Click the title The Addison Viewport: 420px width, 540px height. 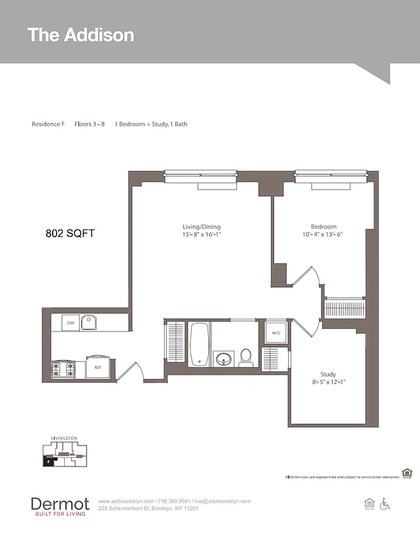pyautogui.click(x=81, y=35)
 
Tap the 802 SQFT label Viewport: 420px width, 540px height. pyautogui.click(x=70, y=234)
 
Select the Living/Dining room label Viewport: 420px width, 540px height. pyautogui.click(x=201, y=227)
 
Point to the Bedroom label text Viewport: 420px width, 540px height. pyautogui.click(x=323, y=227)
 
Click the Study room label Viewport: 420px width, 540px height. pyautogui.click(x=328, y=375)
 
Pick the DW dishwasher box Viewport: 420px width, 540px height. pyautogui.click(x=70, y=323)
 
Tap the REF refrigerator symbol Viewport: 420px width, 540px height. pyautogui.click(x=97, y=367)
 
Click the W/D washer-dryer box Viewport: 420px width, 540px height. pyautogui.click(x=276, y=333)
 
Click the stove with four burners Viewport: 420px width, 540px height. pyautogui.click(x=64, y=369)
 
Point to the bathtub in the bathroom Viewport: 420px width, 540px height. pyautogui.click(x=200, y=344)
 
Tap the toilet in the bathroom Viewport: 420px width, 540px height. pyautogui.click(x=246, y=357)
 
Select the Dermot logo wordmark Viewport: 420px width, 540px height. pyautogui.click(x=59, y=504)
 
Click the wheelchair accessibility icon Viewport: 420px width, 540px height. pyautogui.click(x=386, y=504)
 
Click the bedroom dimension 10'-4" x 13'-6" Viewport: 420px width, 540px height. pyautogui.click(x=323, y=235)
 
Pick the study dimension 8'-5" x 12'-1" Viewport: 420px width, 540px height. pyautogui.click(x=328, y=383)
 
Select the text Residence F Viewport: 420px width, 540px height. pyautogui.click(x=48, y=124)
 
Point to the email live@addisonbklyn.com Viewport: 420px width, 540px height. pyautogui.click(x=222, y=502)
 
